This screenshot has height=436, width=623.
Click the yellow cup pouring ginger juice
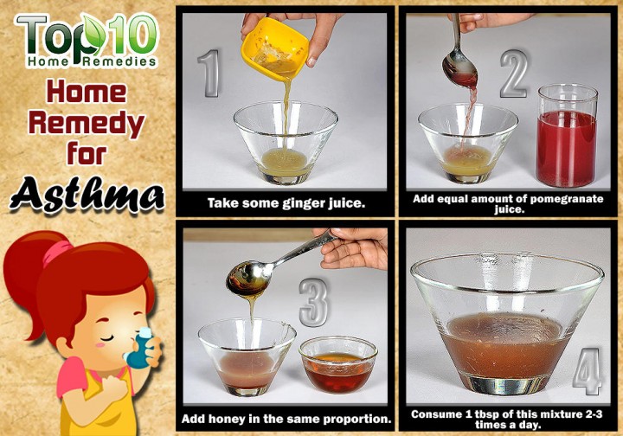[x=274, y=48]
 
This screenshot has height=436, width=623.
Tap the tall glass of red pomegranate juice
[x=567, y=136]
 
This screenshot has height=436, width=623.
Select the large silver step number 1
[x=209, y=74]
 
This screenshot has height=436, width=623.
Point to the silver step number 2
[x=514, y=74]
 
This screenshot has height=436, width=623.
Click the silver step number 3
[x=314, y=302]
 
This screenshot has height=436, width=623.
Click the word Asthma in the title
[x=87, y=195]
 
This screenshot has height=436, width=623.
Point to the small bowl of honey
[x=338, y=364]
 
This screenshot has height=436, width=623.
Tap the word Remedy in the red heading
[x=87, y=123]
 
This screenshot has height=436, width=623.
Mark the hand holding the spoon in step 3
[x=353, y=248]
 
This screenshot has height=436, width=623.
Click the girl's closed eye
[x=108, y=338]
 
